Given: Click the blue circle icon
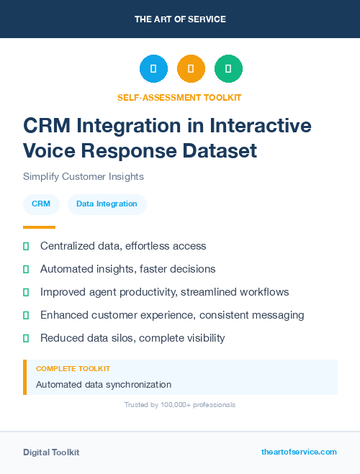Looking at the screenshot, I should (x=153, y=69).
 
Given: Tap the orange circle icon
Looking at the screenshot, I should (x=191, y=69).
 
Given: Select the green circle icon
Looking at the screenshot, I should (x=228, y=69).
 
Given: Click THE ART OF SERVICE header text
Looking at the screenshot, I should (x=180, y=19).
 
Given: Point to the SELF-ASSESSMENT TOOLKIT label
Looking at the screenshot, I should (x=180, y=97).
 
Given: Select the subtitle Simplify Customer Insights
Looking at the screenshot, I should (x=84, y=176).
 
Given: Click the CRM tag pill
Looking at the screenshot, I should (x=41, y=204).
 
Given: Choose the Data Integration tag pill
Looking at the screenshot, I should (x=107, y=204).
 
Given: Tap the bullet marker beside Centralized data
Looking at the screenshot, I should (x=26, y=246).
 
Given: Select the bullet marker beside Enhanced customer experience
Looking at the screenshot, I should (x=26, y=315).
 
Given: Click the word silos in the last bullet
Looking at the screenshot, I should (x=130, y=338).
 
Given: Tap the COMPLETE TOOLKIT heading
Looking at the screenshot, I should (x=73, y=368).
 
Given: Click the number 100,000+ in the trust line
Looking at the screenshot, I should (x=171, y=405).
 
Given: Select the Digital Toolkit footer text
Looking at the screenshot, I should (x=51, y=452).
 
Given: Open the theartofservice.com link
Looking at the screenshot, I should (x=299, y=452).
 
